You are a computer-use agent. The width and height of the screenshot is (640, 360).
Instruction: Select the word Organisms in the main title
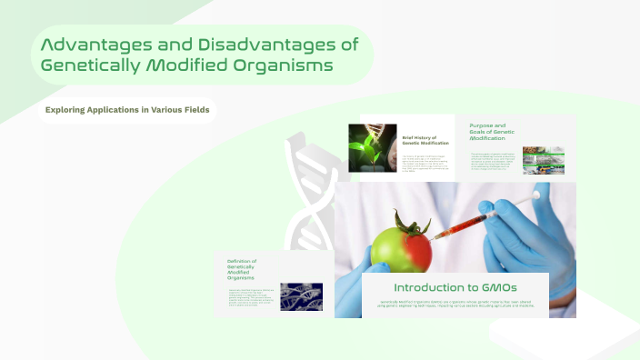[x=282, y=65]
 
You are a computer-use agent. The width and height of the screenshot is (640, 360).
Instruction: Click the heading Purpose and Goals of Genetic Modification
[x=493, y=134]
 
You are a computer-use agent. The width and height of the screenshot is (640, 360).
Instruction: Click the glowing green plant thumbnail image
[x=371, y=147]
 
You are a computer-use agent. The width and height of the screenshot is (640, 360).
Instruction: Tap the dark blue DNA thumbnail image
[x=300, y=296]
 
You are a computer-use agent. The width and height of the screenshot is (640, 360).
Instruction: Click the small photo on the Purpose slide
[x=544, y=161]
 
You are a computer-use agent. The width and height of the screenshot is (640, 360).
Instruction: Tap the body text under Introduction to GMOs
[x=455, y=305]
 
